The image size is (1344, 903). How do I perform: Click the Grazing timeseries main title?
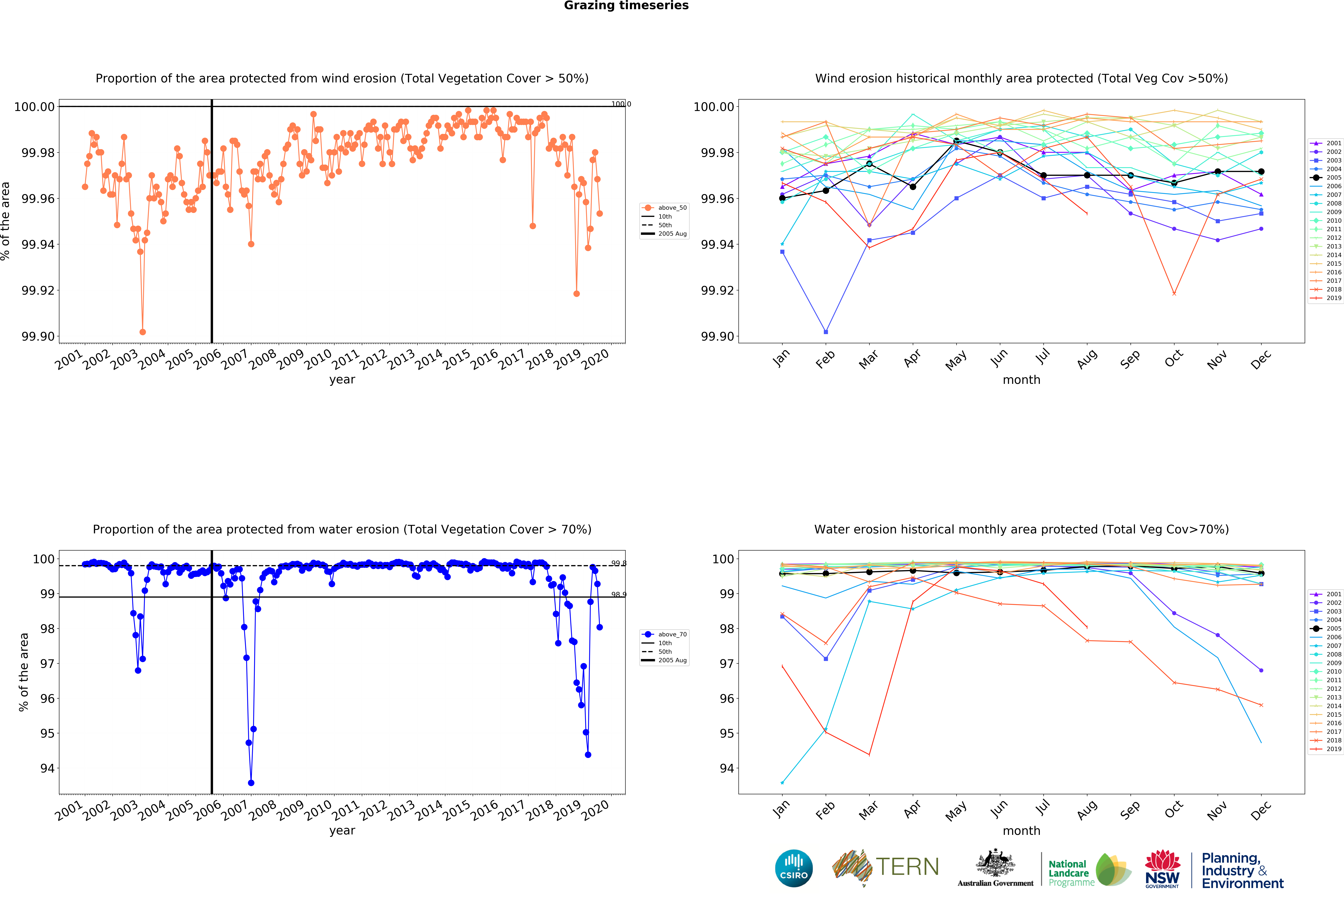[x=626, y=6]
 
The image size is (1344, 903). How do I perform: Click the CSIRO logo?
[x=793, y=868]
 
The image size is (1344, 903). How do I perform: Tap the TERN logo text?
[x=907, y=867]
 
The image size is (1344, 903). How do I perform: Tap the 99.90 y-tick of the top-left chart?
[x=38, y=336]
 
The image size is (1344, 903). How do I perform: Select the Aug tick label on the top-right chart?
[x=1087, y=359]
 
